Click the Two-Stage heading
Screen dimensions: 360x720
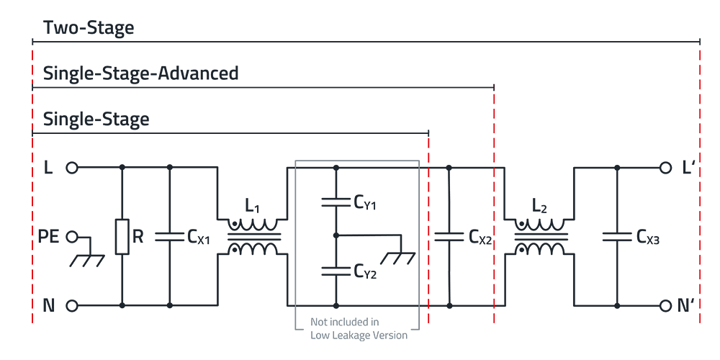coord(89,28)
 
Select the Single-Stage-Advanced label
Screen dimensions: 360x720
coord(140,73)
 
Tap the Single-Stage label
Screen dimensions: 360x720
coord(96,119)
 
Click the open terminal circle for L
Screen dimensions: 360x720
coord(71,168)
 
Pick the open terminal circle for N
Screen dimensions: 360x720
coord(71,306)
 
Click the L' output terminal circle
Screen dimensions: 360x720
coord(665,168)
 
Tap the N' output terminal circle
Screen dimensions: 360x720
coord(665,306)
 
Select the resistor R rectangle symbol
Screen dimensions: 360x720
coord(122,237)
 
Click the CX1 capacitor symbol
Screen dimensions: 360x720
coord(170,237)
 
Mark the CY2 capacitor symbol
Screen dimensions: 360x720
coord(336,271)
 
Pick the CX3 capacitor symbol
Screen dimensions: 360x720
coord(617,237)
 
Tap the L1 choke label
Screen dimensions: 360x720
coord(252,207)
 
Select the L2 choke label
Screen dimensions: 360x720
coord(540,207)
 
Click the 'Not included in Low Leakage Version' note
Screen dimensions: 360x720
coord(359,328)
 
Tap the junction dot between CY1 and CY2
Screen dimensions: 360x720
coord(336,235)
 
